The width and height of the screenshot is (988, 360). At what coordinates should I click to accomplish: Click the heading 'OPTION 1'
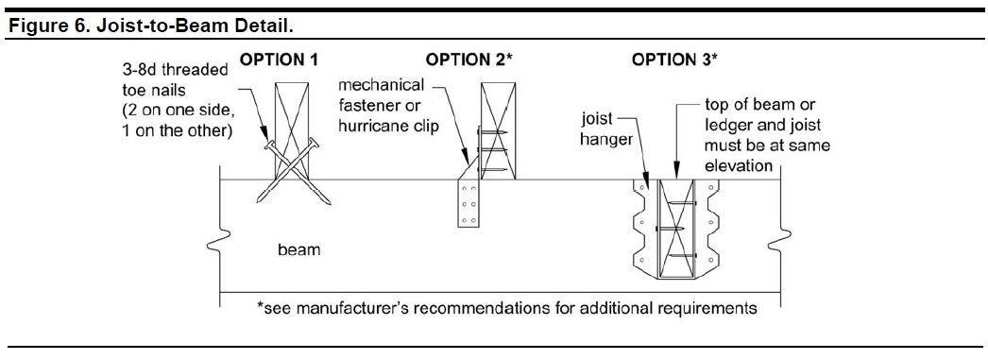pos(279,60)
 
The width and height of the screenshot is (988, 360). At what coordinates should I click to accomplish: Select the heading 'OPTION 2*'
pos(469,60)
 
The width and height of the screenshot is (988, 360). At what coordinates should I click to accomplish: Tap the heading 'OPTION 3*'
pos(674,60)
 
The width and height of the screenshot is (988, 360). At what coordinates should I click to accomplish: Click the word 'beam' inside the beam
pos(299,249)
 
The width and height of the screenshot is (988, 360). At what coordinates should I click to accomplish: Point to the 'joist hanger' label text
pos(605,129)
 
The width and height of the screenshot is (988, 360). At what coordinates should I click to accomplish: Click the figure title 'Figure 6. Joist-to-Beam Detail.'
pos(152,27)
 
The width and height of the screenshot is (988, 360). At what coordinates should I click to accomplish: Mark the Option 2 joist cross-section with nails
pos(498,130)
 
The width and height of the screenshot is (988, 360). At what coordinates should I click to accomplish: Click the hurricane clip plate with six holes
pos(467,203)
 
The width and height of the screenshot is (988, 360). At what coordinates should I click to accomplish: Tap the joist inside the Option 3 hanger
pos(675,229)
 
